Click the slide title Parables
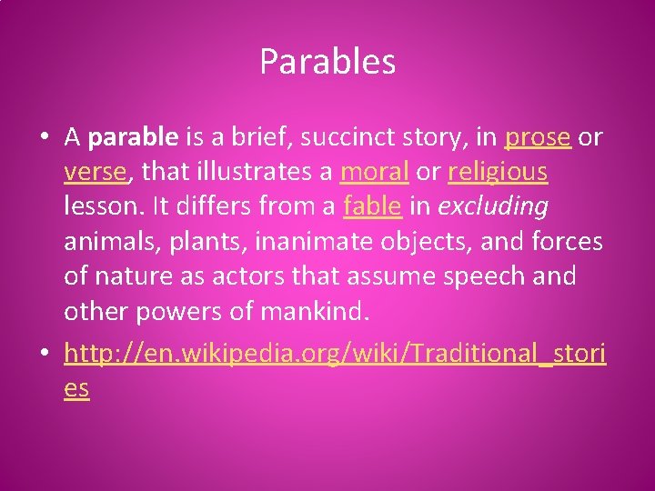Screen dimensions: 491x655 [x=327, y=62]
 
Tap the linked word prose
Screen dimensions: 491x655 [x=538, y=137]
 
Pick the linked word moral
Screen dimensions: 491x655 [x=374, y=172]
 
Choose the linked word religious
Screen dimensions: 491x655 [x=498, y=172]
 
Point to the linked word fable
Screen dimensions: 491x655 [x=372, y=206]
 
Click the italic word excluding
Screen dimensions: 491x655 [x=493, y=206]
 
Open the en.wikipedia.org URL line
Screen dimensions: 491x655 [x=335, y=354]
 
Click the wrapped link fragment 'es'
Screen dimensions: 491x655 [x=76, y=388]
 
